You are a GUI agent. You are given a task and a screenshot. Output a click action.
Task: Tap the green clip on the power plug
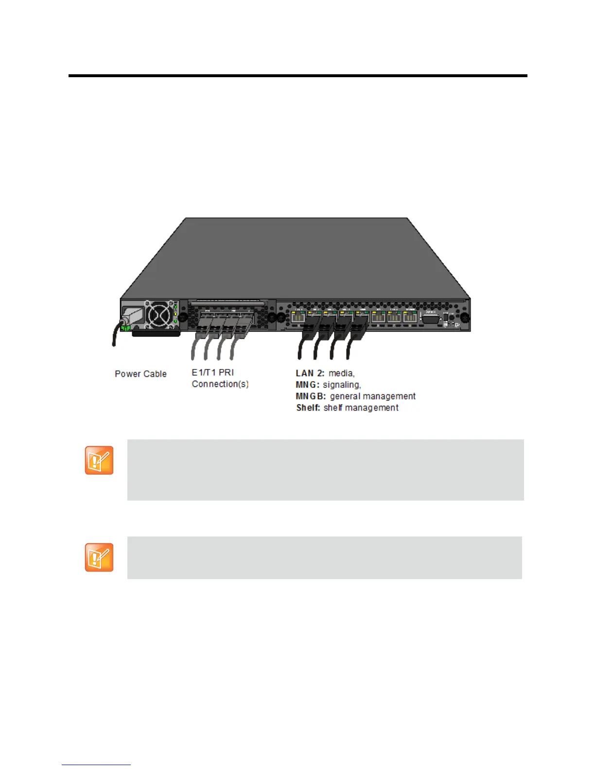tap(125, 328)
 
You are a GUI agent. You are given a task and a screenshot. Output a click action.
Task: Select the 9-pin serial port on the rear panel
tap(430, 319)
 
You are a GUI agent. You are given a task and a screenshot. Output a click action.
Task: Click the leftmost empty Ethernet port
tap(297, 318)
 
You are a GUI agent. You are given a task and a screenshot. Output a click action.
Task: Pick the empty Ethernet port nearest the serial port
tap(410, 318)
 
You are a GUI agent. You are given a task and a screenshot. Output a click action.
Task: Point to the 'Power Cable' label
tap(140, 374)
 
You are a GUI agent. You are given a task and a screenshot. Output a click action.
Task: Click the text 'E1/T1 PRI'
tap(213, 372)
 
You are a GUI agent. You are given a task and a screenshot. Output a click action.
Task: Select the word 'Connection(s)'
tap(220, 384)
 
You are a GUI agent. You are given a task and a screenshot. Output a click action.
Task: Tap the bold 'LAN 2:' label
tap(310, 373)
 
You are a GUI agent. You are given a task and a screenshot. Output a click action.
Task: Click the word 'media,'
tap(342, 373)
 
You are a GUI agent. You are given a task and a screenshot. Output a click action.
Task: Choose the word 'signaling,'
tap(342, 384)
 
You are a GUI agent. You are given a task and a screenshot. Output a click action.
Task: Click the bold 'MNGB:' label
tap(311, 396)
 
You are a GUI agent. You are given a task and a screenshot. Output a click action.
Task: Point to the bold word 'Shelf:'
tap(308, 408)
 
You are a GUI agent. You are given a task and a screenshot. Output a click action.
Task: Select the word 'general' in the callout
tap(345, 396)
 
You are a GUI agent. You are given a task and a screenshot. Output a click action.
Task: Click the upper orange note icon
tap(99, 460)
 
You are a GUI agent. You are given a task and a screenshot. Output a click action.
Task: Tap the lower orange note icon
tap(99, 557)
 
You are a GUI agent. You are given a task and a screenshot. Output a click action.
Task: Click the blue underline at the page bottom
tap(96, 765)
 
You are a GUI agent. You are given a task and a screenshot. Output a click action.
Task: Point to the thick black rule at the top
tap(297, 76)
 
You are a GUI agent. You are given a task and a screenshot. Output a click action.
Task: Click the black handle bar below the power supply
tap(156, 334)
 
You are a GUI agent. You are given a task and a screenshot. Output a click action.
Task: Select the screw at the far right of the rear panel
tap(464, 318)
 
